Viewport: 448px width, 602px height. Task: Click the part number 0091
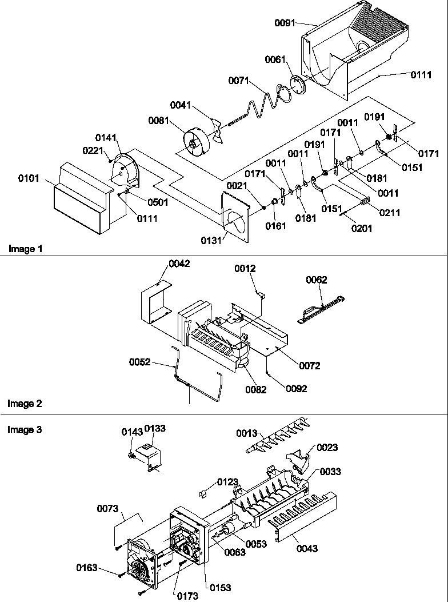(285, 23)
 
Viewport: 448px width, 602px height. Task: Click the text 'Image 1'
(25, 249)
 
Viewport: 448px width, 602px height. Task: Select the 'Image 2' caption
(25, 404)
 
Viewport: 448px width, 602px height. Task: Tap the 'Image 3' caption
(25, 429)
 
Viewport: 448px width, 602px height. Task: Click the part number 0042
(179, 264)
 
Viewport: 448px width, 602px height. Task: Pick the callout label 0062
(316, 280)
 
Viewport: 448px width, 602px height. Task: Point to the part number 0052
(139, 361)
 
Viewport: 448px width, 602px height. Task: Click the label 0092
(297, 389)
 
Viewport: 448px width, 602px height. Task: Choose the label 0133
(154, 428)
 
